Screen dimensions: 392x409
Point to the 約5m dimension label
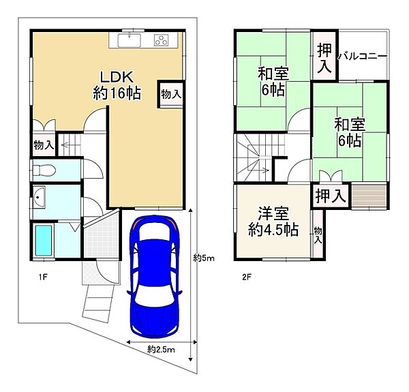[x=203, y=258]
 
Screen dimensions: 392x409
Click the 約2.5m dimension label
[x=161, y=350]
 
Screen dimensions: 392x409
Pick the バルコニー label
[x=363, y=55]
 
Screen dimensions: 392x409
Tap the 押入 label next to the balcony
[x=324, y=59]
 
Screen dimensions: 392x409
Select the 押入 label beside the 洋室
[x=331, y=195]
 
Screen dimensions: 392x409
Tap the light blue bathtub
[x=43, y=240]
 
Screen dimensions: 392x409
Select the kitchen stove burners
[x=162, y=40]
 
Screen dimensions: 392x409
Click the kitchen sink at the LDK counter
[x=130, y=40]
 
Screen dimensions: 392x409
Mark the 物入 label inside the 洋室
[x=318, y=236]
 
